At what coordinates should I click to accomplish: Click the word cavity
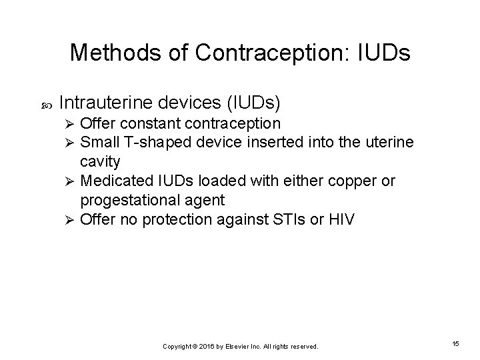click(100, 161)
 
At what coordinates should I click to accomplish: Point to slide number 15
click(455, 343)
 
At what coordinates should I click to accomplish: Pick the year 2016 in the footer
click(205, 347)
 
